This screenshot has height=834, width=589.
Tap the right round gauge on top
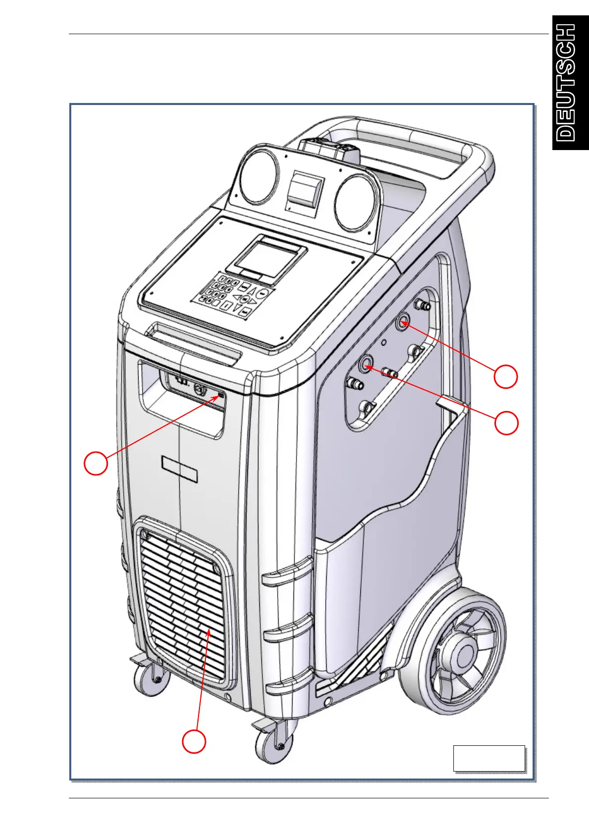[x=353, y=202]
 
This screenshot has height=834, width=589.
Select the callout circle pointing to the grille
[x=194, y=741]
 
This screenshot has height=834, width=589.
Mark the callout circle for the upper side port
[x=506, y=377]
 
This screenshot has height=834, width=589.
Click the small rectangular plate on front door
[x=180, y=469]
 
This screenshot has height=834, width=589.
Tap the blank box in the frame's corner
[x=489, y=758]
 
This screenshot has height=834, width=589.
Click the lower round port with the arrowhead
[x=367, y=365]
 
